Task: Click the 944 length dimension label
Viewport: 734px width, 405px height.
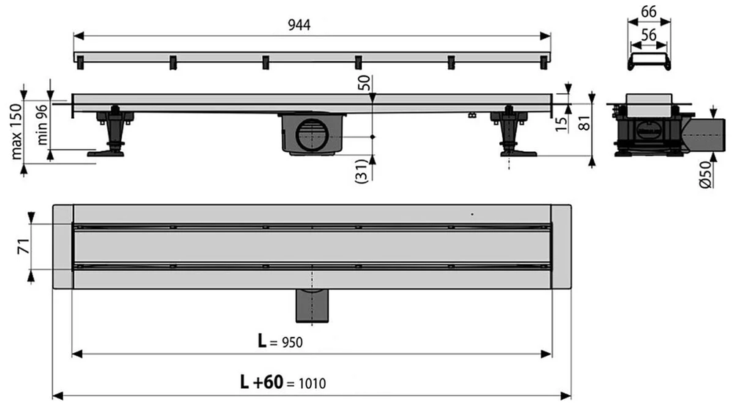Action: (299, 25)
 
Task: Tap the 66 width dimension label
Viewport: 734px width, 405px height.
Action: (649, 11)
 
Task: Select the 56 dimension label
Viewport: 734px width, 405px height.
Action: (649, 34)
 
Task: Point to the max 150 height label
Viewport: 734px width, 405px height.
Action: (16, 131)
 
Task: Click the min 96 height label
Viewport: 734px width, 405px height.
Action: (42, 125)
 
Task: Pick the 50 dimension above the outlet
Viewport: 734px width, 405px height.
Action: (364, 83)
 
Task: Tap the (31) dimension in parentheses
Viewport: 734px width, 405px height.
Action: (363, 171)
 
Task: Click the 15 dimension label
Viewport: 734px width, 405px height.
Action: (562, 123)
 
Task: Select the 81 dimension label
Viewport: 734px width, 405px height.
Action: (585, 123)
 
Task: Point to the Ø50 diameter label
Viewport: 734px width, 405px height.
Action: (705, 174)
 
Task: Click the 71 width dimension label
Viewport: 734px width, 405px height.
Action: (23, 246)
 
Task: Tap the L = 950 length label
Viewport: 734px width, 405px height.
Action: (280, 341)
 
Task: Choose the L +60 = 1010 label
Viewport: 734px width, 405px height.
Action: (283, 382)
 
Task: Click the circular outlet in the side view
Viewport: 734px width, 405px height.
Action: (312, 136)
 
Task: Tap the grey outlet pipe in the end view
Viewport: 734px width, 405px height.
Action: (704, 135)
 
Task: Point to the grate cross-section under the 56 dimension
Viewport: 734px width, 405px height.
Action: (649, 62)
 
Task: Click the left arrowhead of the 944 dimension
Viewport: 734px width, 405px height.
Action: (79, 35)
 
